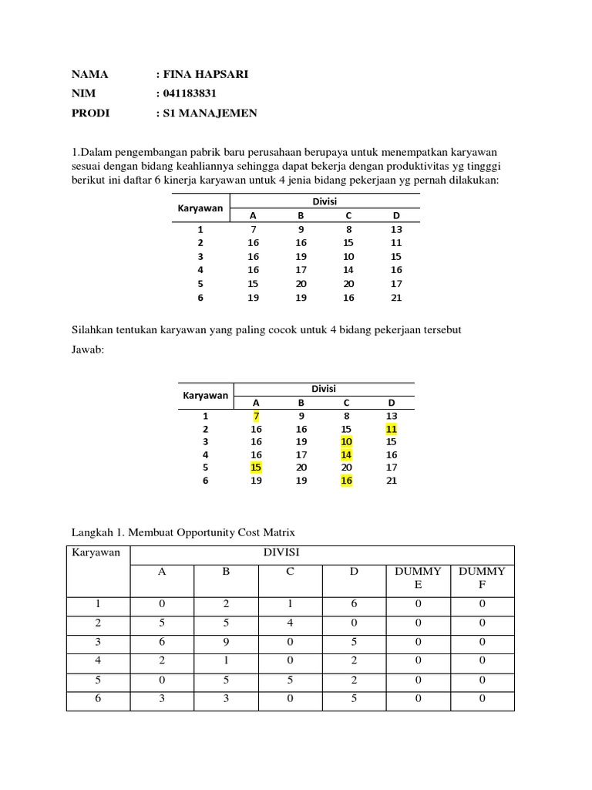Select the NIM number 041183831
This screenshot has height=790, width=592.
point(189,94)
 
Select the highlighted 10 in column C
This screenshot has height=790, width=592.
point(348,442)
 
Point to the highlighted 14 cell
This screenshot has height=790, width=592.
point(348,455)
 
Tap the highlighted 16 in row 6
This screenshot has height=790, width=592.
point(348,481)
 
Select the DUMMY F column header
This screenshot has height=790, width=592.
point(482,579)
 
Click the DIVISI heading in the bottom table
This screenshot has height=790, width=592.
point(281,553)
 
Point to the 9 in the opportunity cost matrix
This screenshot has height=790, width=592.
point(225,642)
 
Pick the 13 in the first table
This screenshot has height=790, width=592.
point(396,229)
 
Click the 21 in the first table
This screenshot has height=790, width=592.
point(396,298)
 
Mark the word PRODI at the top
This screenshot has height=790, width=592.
point(90,113)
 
